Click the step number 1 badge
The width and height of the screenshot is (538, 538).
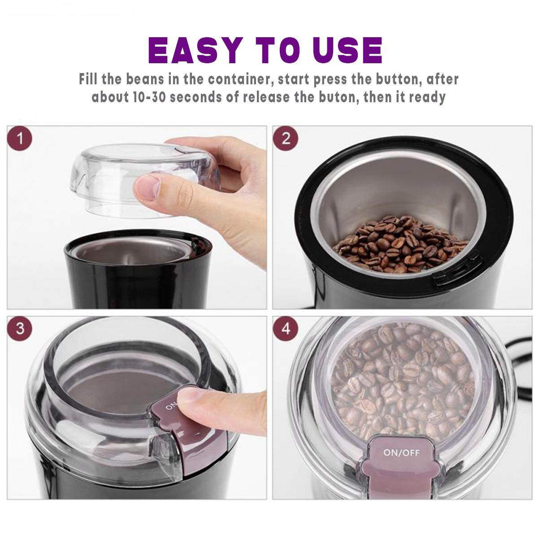coord(20,139)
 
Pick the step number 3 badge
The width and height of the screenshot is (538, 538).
coord(20,329)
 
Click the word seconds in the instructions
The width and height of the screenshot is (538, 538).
coord(196,97)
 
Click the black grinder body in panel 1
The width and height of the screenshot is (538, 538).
coord(138,279)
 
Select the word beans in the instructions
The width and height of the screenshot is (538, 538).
coord(145,79)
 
